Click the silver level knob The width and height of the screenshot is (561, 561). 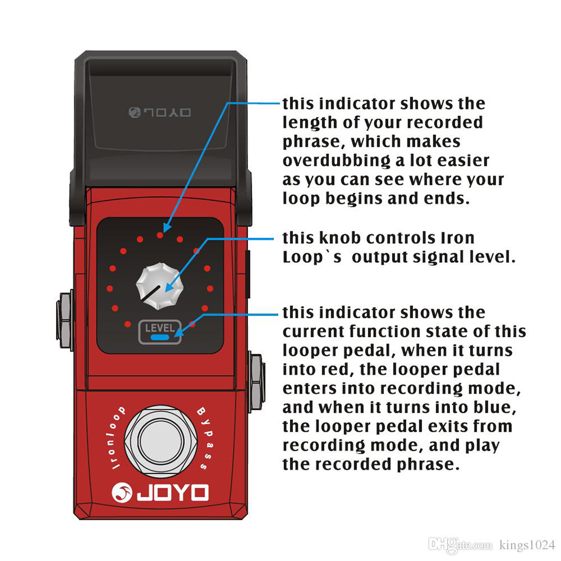click(x=159, y=285)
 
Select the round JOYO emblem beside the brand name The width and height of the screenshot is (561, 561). click(x=122, y=492)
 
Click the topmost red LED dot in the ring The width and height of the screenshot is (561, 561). click(x=159, y=235)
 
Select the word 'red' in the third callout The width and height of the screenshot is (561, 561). click(x=330, y=370)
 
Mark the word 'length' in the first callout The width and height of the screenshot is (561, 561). click(x=308, y=123)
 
